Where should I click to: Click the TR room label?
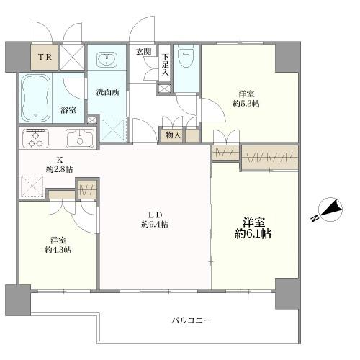pyautogui.click(x=45, y=57)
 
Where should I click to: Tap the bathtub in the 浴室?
pyautogui.click(x=36, y=98)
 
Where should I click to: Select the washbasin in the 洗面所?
pyautogui.click(x=107, y=59)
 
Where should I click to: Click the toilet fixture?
pyautogui.click(x=186, y=57)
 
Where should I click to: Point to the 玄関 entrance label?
pyautogui.click(x=144, y=52)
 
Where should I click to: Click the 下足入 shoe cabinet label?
pyautogui.click(x=165, y=65)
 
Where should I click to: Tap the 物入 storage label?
pyautogui.click(x=173, y=135)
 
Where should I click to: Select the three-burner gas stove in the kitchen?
pyautogui.click(x=35, y=138)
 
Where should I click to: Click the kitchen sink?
pyautogui.click(x=80, y=138)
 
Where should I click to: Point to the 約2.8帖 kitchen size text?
pyautogui.click(x=60, y=169)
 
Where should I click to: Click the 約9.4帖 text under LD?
pyautogui.click(x=155, y=224)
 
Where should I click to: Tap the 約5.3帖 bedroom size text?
pyautogui.click(x=246, y=104)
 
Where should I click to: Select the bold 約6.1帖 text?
pyautogui.click(x=253, y=233)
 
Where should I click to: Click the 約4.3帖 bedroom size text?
pyautogui.click(x=58, y=250)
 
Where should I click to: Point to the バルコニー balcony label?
pyautogui.click(x=192, y=320)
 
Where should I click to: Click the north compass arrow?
pyautogui.click(x=330, y=210)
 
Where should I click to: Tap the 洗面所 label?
pyautogui.click(x=108, y=92)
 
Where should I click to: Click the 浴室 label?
pyautogui.click(x=68, y=110)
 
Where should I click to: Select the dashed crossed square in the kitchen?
pyautogui.click(x=32, y=186)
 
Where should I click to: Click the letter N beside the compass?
pyautogui.click(x=315, y=218)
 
